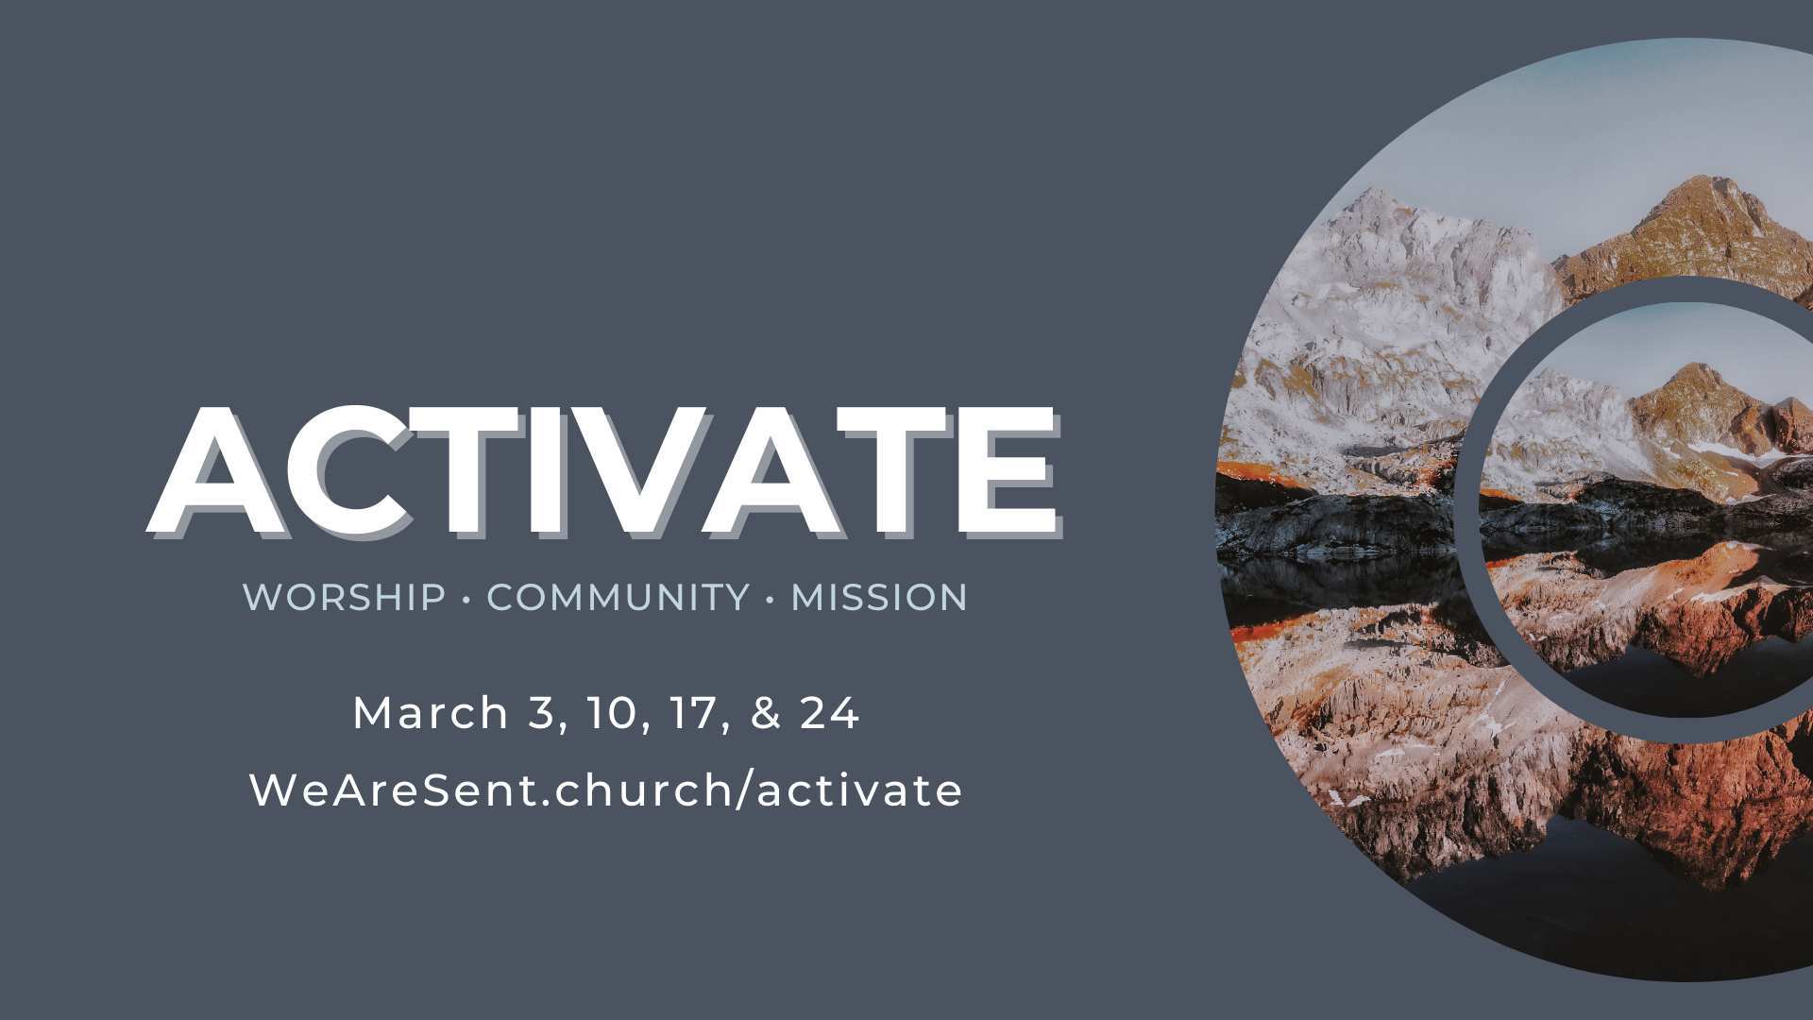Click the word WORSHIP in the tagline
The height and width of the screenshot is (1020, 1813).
pos(344,598)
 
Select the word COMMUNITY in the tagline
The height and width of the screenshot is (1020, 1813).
pos(618,598)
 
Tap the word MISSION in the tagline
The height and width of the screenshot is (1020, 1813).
pos(879,598)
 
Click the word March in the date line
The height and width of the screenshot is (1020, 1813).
pos(431,713)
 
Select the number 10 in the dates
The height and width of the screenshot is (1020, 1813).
pos(611,713)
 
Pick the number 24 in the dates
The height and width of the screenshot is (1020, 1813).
pos(829,713)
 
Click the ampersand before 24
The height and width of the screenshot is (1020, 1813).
pos(766,713)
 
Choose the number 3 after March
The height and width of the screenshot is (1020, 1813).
pos(541,713)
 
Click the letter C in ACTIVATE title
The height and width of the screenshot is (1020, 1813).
pos(349,470)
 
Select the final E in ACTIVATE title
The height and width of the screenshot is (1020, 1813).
pos(1005,470)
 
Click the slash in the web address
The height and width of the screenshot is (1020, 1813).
pos(744,790)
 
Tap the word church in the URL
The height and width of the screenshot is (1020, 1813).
pos(643,790)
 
